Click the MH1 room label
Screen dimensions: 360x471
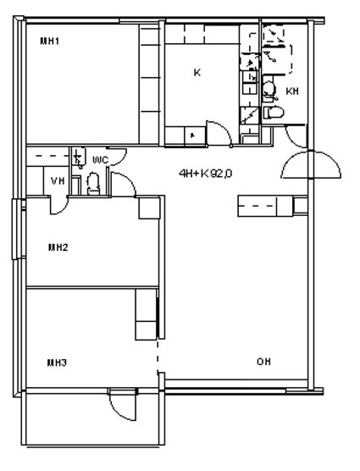[x=50, y=42]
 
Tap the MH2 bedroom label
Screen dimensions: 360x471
[x=58, y=247]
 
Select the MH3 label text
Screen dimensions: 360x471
[x=57, y=363]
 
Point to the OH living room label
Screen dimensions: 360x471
[x=263, y=362]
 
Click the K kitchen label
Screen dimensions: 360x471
[x=197, y=73]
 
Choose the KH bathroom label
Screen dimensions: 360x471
[x=292, y=91]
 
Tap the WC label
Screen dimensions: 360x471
[x=100, y=160]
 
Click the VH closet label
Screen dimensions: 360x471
[x=58, y=181]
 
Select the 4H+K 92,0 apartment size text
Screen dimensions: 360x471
[x=205, y=174]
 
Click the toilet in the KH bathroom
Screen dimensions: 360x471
[x=274, y=113]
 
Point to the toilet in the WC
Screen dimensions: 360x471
[x=93, y=184]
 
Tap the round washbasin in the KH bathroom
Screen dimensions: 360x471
[x=269, y=89]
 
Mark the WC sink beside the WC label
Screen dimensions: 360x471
[x=79, y=158]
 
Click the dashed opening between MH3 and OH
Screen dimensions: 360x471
[x=158, y=357]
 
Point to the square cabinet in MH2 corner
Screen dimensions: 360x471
[x=149, y=208]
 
